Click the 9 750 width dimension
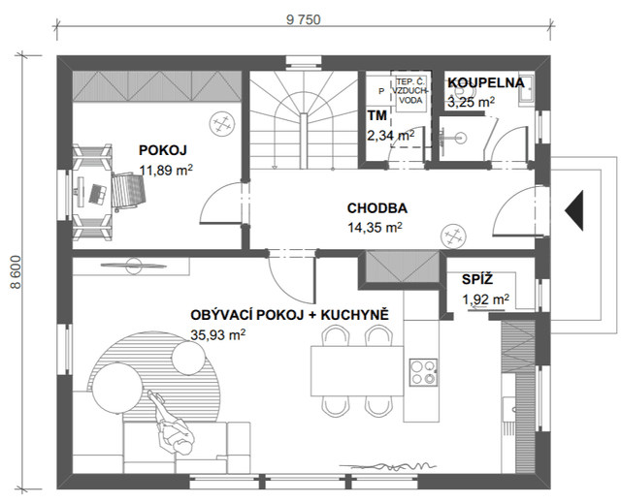pyautogui.click(x=304, y=19)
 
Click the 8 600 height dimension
pyautogui.click(x=16, y=272)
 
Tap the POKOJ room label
pyautogui.click(x=162, y=150)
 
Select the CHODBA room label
pyautogui.click(x=377, y=208)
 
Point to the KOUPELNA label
pyautogui.click(x=486, y=82)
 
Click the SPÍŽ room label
pyautogui.click(x=477, y=279)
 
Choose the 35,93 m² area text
pyautogui.click(x=217, y=334)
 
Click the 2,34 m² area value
pyautogui.click(x=390, y=136)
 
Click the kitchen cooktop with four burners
pyautogui.click(x=423, y=372)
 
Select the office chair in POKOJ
pyautogui.click(x=129, y=192)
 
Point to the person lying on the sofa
pyautogui.click(x=171, y=423)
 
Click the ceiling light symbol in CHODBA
pyautogui.click(x=453, y=236)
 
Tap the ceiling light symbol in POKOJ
pyautogui.click(x=222, y=124)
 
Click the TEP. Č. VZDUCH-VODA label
pyautogui.click(x=410, y=91)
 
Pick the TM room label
pyautogui.click(x=376, y=115)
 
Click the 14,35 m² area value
pyautogui.click(x=376, y=227)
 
